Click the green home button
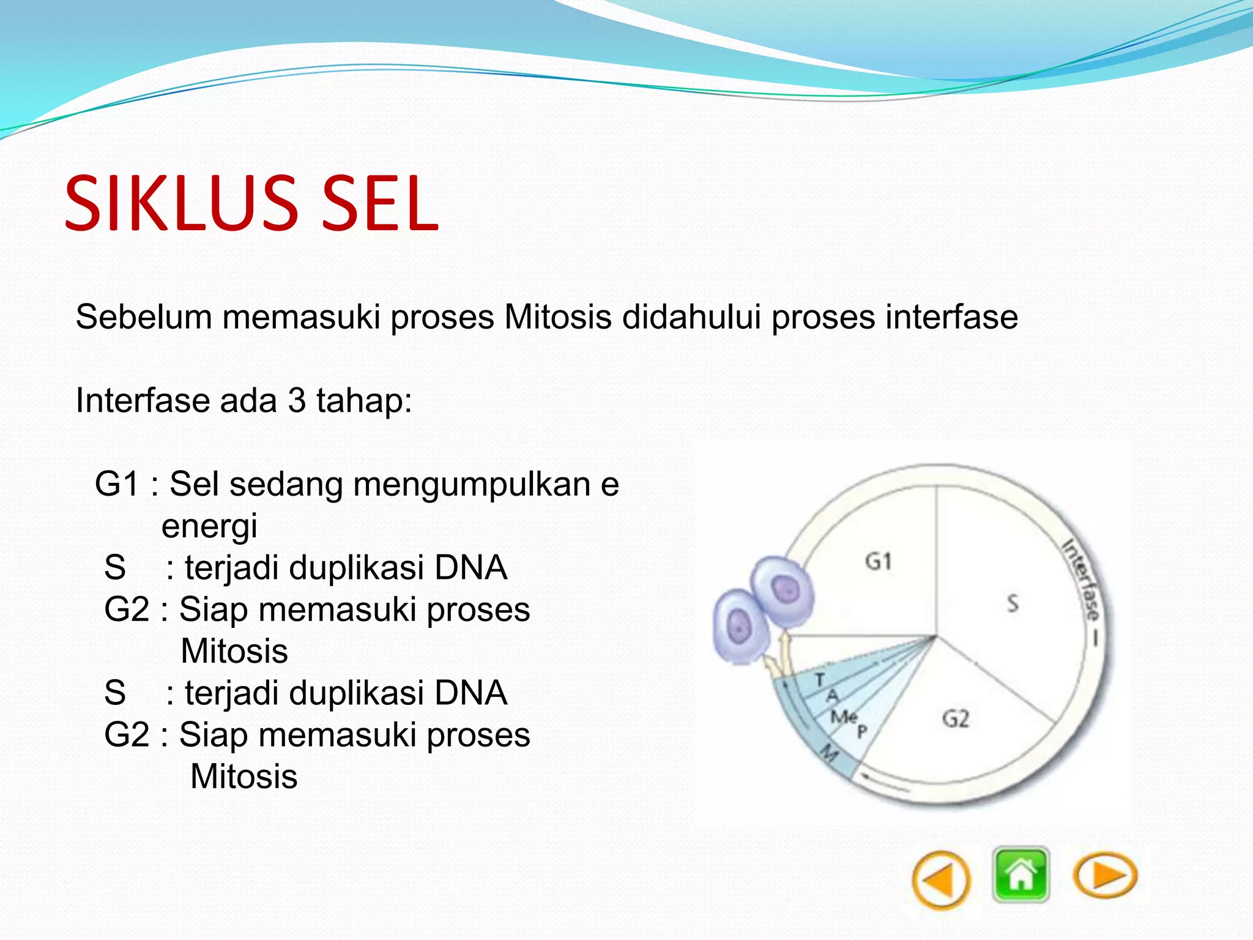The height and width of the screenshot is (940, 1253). coord(1021,875)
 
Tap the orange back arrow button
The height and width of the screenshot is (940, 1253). coord(940,880)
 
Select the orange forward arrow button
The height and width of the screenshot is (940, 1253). coord(1105,875)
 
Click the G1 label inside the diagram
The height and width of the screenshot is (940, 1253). coord(879,561)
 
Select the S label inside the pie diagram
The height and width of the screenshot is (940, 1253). coord(1013,603)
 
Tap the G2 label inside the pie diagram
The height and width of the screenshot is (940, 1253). coord(956,718)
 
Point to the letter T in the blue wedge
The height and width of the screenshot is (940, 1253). coord(820,679)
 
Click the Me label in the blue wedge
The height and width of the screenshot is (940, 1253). coord(843,716)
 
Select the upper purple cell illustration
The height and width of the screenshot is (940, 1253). coord(783,591)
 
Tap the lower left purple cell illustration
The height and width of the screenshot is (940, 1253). coord(739,626)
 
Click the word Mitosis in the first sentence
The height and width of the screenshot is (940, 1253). coord(557,317)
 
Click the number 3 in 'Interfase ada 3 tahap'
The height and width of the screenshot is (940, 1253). coord(297,401)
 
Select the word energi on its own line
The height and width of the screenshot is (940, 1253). coord(209,526)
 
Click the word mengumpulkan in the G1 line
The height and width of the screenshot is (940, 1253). coord(472,485)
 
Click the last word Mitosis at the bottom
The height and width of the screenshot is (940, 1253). coord(244,777)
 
